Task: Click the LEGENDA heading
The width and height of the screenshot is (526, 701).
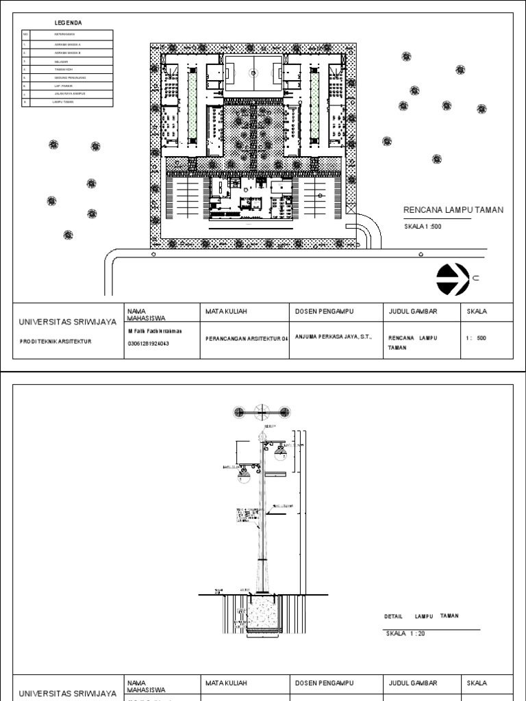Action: pyautogui.click(x=68, y=23)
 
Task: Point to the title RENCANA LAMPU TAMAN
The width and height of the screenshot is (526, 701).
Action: pyautogui.click(x=453, y=209)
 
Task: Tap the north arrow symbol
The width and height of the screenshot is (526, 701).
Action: pyautogui.click(x=452, y=277)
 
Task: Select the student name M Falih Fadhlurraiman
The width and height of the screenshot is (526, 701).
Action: pyautogui.click(x=155, y=331)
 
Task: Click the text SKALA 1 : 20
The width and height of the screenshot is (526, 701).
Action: pyautogui.click(x=405, y=633)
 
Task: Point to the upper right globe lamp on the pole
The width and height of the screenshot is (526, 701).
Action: pyautogui.click(x=279, y=452)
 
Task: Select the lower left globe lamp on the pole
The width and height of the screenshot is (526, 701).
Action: pyautogui.click(x=244, y=476)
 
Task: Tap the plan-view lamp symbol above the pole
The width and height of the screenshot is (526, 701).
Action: pyautogui.click(x=262, y=412)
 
